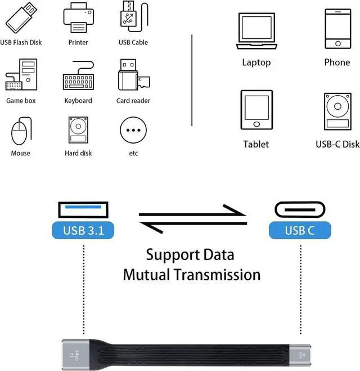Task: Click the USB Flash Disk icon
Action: [x=20, y=18]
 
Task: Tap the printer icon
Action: [x=78, y=18]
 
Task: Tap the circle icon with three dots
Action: [x=133, y=131]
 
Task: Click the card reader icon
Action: [x=132, y=77]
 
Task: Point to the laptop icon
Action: [x=256, y=31]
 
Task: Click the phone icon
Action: [x=337, y=28]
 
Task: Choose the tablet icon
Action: [x=256, y=109]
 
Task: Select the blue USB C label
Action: [x=300, y=230]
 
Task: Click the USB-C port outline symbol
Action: [x=300, y=209]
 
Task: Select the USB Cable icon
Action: [x=133, y=18]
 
